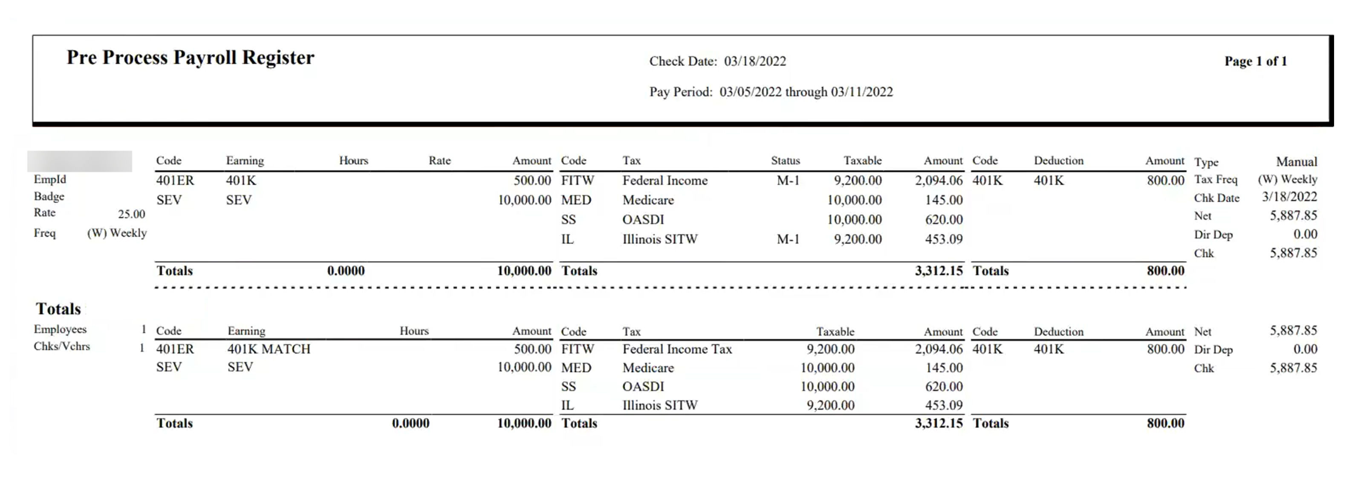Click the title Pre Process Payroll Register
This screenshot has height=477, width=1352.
(x=190, y=57)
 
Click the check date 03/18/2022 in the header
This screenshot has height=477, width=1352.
(x=755, y=61)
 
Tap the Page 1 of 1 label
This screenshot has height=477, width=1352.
(x=1255, y=61)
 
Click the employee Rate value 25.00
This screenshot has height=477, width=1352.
(x=131, y=214)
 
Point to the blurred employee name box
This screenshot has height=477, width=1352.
(x=80, y=161)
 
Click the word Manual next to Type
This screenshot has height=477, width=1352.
(x=1296, y=161)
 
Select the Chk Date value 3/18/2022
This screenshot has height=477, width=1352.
(x=1289, y=197)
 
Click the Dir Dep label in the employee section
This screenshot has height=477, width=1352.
(x=1213, y=235)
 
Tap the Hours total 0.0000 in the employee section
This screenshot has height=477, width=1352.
(x=345, y=271)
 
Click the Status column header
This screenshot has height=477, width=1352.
(x=785, y=161)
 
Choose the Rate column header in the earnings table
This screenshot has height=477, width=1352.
(x=439, y=161)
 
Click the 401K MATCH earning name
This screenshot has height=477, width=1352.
(x=269, y=349)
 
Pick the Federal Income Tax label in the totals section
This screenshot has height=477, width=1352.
(x=676, y=349)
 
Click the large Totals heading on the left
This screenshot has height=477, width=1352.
(x=58, y=309)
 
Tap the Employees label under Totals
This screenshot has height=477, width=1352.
(x=60, y=329)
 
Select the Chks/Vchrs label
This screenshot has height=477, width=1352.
(x=61, y=347)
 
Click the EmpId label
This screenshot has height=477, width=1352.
(x=50, y=179)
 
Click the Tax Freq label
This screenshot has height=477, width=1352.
(x=1216, y=180)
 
